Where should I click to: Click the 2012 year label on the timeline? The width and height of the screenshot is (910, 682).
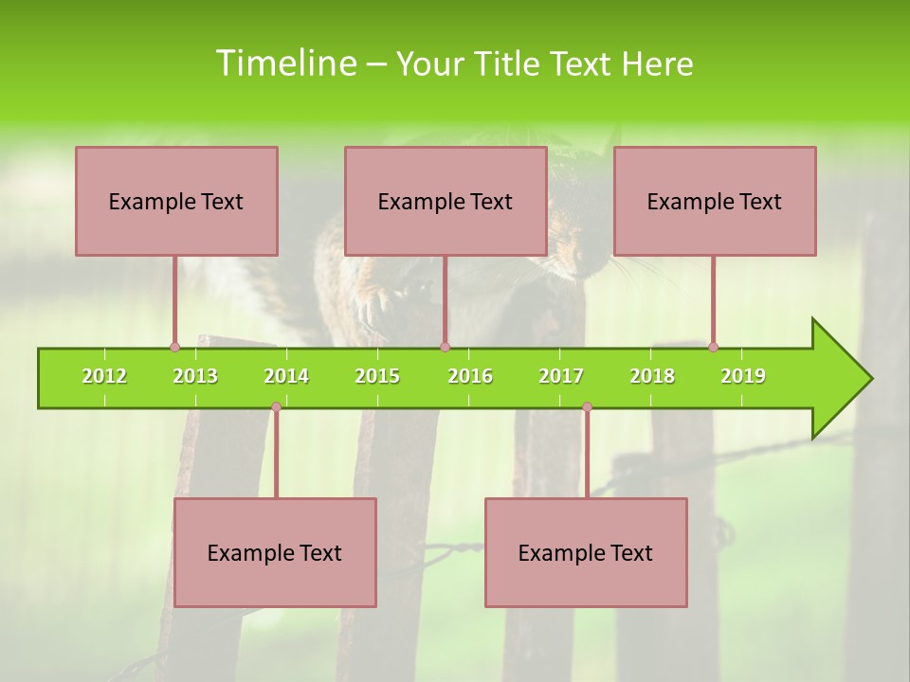point(104,376)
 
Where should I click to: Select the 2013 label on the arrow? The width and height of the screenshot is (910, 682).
point(195,376)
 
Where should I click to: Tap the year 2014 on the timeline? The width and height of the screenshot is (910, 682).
point(286,376)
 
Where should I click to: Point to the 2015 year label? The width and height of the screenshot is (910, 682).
point(377,376)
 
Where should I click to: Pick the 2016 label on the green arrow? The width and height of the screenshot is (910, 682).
point(470,376)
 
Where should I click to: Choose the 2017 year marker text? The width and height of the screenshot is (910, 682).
point(561,376)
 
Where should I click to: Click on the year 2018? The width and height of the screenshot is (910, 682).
point(652,376)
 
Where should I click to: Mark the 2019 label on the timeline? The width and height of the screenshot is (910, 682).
point(743,376)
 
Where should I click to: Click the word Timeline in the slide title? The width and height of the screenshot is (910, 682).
point(284,63)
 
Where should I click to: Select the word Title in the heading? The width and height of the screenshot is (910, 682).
point(510,64)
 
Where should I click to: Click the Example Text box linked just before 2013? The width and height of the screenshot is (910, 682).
point(176,202)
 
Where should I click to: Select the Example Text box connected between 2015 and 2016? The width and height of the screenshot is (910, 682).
point(446,202)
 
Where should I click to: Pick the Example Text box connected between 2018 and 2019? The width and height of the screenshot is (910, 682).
point(715,202)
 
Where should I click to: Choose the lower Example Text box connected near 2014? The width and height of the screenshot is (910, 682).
point(275,553)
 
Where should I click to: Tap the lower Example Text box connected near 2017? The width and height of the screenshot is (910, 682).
point(586,553)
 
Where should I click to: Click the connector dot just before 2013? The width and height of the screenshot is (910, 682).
point(174,348)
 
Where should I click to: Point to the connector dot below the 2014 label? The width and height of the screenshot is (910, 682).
point(276,407)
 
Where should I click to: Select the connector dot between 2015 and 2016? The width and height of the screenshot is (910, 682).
point(445,348)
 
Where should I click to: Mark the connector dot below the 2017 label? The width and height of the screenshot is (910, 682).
point(587,407)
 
